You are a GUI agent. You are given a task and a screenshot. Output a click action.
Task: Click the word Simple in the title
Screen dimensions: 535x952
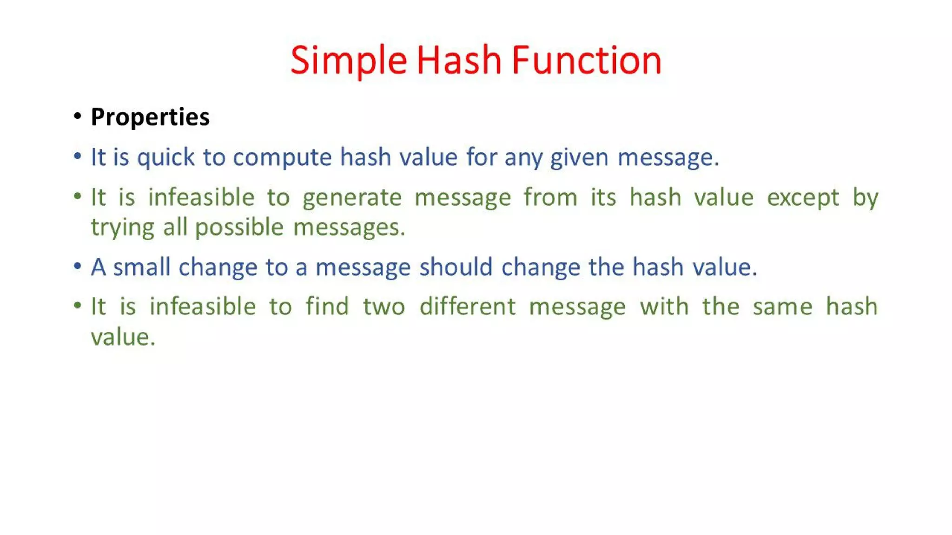click(349, 61)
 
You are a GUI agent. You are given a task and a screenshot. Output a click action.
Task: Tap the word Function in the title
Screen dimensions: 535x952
click(587, 61)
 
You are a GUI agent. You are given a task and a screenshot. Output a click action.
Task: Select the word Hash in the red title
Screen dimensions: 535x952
click(459, 61)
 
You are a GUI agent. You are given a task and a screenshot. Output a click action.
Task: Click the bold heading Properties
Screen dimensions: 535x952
click(150, 117)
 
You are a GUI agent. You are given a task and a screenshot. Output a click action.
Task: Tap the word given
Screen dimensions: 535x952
click(579, 157)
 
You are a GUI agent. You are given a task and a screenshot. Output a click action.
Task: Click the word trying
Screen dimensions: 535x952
click(122, 228)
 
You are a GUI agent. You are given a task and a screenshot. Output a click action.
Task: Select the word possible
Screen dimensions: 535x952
click(239, 228)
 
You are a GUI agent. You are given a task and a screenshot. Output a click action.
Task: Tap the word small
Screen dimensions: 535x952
click(141, 267)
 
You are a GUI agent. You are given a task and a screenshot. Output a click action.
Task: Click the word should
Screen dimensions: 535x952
click(456, 267)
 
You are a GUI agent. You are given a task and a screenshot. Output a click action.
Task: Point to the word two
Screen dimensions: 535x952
click(383, 307)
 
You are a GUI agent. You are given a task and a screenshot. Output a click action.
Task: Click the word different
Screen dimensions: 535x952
click(467, 307)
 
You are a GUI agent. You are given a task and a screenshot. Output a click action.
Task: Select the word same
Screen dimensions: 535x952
click(782, 307)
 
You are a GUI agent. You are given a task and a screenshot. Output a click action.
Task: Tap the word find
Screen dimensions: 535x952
click(327, 307)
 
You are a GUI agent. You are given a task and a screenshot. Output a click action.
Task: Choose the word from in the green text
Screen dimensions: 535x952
click(550, 197)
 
